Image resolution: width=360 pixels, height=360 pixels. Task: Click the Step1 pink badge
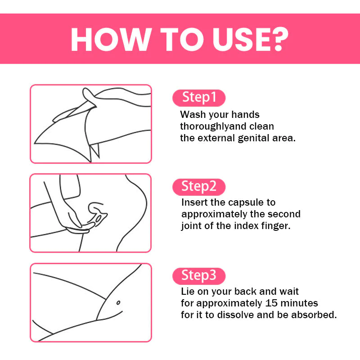[199, 98]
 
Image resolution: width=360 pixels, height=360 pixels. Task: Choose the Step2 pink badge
[199, 187]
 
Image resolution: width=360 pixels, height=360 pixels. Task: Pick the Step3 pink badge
[199, 276]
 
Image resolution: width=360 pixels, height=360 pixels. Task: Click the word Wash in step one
[193, 115]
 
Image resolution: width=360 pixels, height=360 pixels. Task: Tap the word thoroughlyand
[213, 126]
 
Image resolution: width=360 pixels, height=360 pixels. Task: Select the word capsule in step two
[246, 203]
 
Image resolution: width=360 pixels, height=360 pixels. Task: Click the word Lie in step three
[188, 292]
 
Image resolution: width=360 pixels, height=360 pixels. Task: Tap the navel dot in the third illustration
[118, 303]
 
